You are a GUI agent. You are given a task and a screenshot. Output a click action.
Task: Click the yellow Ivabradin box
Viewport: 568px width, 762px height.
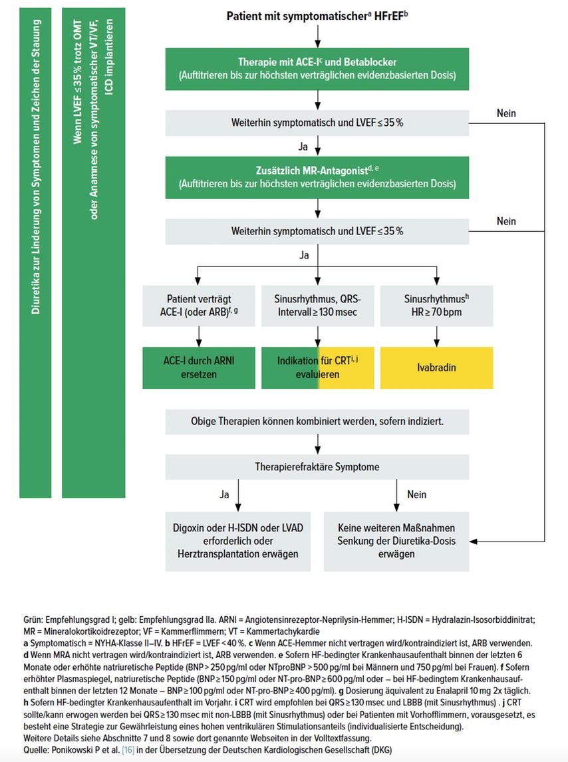(436, 368)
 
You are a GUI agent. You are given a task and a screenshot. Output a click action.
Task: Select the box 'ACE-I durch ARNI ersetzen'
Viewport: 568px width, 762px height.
(199, 368)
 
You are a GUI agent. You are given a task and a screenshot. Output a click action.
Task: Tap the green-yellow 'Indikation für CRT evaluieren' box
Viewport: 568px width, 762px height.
(318, 368)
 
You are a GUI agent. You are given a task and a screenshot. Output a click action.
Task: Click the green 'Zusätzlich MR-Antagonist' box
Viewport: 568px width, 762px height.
(317, 177)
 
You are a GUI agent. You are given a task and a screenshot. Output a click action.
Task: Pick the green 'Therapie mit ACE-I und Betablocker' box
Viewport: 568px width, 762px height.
(317, 69)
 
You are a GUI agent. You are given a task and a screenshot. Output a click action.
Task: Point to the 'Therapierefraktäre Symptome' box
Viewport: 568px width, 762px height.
(317, 467)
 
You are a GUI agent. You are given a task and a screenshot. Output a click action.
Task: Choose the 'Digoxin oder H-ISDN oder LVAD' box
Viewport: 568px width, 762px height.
(237, 541)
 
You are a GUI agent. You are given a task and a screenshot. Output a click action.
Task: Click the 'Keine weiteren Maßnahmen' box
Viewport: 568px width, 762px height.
(396, 541)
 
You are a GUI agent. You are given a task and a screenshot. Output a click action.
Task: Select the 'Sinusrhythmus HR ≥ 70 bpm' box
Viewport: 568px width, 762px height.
(436, 306)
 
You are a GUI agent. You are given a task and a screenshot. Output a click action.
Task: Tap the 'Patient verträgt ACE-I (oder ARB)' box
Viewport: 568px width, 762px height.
(199, 306)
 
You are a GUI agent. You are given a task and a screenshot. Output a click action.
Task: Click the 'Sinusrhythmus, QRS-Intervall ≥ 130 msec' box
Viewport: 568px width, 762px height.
(318, 306)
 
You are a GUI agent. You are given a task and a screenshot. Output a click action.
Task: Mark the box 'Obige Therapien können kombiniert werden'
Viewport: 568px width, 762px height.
(317, 422)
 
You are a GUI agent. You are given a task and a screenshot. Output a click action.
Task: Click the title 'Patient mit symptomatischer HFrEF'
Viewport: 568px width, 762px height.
(317, 16)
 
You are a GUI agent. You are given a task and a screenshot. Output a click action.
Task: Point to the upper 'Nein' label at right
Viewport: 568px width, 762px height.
(506, 113)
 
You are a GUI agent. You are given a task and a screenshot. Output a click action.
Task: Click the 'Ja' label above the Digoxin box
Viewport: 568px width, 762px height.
(224, 495)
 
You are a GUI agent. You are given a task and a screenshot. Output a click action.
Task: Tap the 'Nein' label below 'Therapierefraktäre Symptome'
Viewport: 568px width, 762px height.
(416, 495)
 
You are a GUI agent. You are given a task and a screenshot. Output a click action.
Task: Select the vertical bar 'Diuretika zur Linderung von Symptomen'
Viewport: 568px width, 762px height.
(35, 252)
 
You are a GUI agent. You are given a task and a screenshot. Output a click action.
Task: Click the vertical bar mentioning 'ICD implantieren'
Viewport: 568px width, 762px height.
(94, 252)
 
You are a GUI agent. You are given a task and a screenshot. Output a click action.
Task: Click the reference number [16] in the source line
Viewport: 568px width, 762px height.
(128, 749)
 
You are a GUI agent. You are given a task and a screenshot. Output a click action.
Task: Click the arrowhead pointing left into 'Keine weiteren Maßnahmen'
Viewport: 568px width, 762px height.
(474, 542)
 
